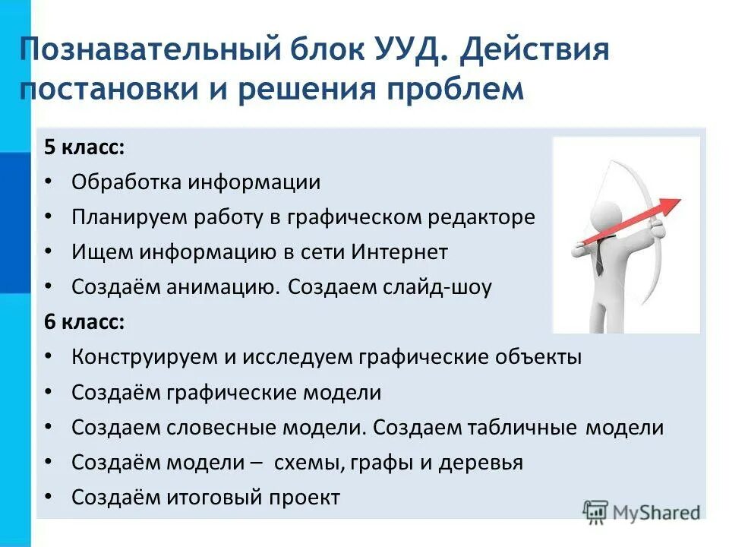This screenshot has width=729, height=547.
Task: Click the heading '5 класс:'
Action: pyautogui.click(x=84, y=147)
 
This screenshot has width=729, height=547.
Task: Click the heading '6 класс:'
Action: pyautogui.click(x=84, y=321)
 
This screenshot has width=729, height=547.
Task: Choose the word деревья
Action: pyautogui.click(x=484, y=462)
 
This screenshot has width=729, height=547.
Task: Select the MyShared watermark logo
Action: pyautogui.click(x=642, y=511)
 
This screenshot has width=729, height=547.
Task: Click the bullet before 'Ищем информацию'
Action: pyautogui.click(x=49, y=252)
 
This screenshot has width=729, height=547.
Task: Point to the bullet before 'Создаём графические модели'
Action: pyautogui.click(x=49, y=393)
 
